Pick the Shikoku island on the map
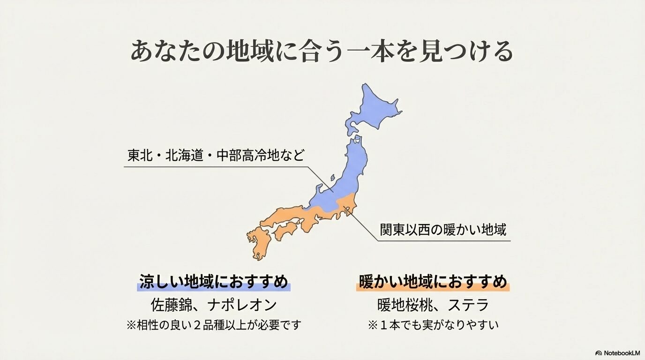(285, 230)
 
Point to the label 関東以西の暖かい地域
(443, 230)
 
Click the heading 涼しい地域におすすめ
(213, 282)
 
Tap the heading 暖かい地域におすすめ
(433, 282)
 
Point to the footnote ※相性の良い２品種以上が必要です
(213, 325)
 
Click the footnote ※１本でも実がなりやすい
(433, 325)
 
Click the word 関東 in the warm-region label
(392, 230)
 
